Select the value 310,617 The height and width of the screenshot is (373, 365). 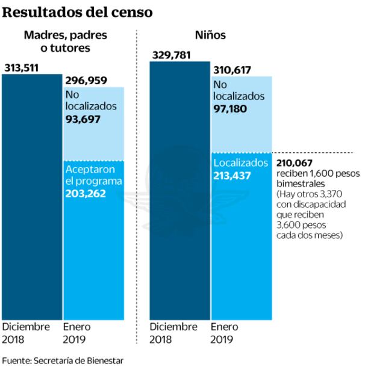[234, 70]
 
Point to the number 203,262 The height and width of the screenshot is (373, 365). [86, 194]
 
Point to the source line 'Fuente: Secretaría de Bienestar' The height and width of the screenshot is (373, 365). [63, 361]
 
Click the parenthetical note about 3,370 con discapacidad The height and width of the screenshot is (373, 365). [309, 215]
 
